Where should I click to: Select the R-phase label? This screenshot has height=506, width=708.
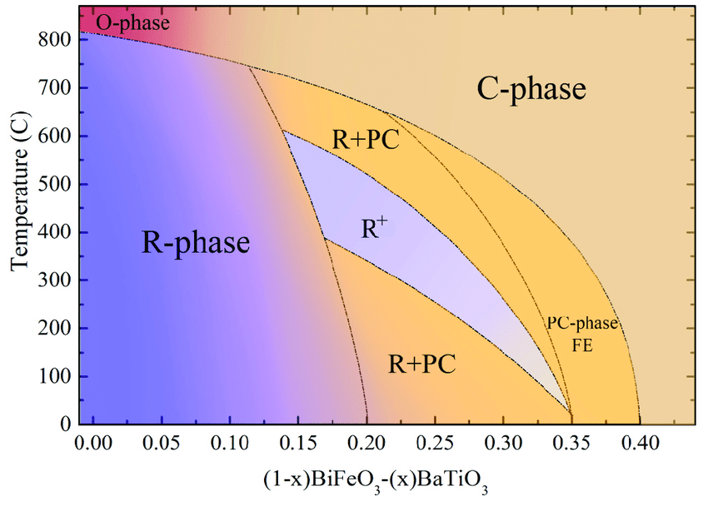point(195,243)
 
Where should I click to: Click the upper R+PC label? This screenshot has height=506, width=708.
point(366,139)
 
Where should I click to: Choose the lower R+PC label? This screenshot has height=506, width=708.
point(422,363)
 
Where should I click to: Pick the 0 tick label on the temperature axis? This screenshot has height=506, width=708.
point(64,424)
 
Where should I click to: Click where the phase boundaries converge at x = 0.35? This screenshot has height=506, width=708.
point(571,414)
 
